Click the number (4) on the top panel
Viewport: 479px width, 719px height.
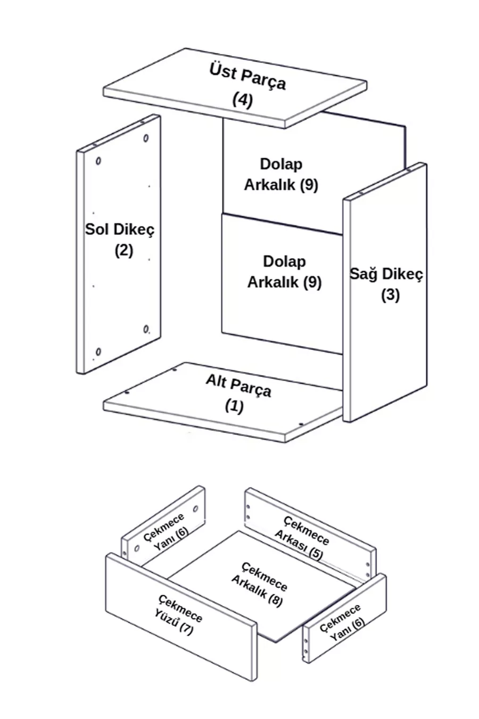pos(242,100)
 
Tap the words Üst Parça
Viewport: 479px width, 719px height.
pos(247,76)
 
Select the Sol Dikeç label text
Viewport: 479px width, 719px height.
pos(120,230)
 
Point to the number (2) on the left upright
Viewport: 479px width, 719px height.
pos(123,250)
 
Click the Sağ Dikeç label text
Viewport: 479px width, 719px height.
pos(386,274)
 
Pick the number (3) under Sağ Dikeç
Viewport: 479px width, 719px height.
pos(390,295)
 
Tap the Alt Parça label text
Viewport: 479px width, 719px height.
pos(238,386)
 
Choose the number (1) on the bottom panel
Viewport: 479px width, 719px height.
pos(234,406)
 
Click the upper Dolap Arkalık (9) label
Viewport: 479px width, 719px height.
pos(281,174)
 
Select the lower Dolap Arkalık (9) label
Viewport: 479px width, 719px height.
pos(284,272)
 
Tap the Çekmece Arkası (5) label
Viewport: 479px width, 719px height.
pos(302,537)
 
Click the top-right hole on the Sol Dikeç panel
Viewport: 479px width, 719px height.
pos(146,138)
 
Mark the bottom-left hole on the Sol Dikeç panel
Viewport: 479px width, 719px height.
pos(98,352)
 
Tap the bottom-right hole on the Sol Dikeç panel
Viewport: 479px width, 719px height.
pos(146,329)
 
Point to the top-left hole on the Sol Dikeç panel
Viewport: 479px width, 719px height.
pos(98,161)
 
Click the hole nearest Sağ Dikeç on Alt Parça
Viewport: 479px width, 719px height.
pos(301,424)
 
